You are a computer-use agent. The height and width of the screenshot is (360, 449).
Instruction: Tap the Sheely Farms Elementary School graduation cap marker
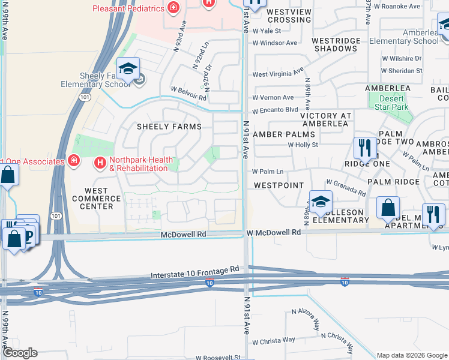pos(128,70)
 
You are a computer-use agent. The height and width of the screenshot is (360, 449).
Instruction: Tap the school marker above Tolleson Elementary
pos(321,203)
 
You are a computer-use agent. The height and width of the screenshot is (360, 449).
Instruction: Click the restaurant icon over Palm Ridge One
pos(365,148)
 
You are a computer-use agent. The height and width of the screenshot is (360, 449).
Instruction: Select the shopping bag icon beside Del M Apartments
pos(388,208)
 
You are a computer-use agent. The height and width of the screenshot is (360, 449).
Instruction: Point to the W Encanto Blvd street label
pos(275,110)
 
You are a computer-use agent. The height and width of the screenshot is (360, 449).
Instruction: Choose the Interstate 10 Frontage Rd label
pos(196,275)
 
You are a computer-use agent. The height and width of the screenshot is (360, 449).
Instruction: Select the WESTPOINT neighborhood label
pos(279,186)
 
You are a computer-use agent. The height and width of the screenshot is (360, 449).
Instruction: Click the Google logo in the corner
pos(20,353)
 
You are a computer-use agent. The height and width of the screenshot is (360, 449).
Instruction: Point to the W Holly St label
pos(303,145)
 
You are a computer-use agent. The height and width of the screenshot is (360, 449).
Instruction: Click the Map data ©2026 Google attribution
pos(411,355)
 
